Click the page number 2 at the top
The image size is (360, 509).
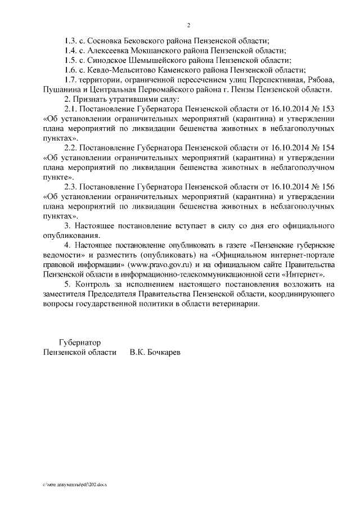click(x=189, y=25)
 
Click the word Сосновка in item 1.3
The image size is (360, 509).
click(x=107, y=41)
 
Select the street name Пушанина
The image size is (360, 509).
click(x=61, y=89)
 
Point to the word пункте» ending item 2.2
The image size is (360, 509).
click(x=58, y=177)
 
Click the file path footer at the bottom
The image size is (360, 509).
click(x=74, y=483)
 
